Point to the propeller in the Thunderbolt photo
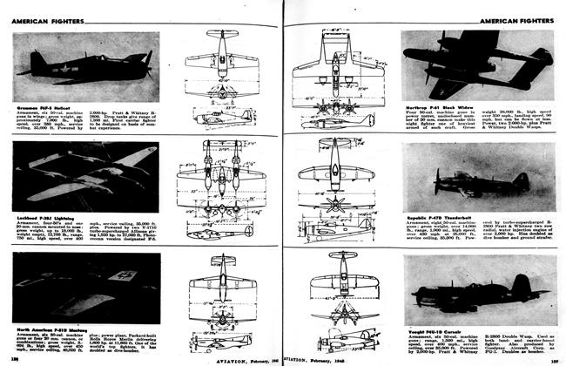pos(437,180)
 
